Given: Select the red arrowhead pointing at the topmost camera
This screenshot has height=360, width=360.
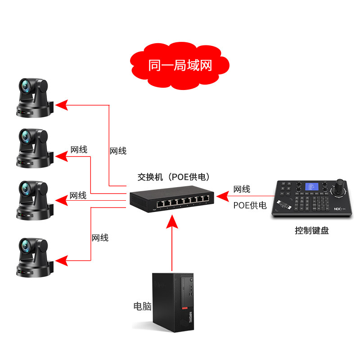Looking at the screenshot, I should coord(63,105).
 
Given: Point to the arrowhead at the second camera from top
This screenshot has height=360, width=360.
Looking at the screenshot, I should coord(63,157).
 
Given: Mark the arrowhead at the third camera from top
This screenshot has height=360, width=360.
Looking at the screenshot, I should coord(63,200).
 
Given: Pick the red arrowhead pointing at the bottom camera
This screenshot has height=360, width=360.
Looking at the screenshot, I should coord(63,260).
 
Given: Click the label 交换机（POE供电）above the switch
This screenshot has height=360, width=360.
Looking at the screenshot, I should coord(174,177).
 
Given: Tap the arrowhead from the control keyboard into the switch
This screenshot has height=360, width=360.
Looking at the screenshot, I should coord(221,196).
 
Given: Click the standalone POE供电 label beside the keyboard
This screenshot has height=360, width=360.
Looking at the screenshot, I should coord(250,206).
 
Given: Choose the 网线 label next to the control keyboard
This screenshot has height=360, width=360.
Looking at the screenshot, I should coord(242,189).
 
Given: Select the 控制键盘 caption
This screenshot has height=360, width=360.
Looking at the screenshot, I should coord(312,231).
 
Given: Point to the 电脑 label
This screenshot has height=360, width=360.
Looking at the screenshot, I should coord(142,306).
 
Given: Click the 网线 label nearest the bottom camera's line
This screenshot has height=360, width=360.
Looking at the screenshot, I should coord(100,238).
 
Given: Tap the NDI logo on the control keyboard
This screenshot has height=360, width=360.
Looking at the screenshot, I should coord(338,209).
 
